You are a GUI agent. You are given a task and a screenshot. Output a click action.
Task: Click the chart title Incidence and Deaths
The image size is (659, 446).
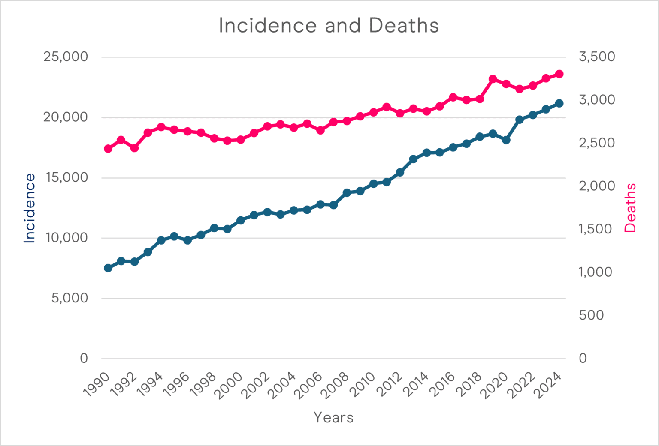329,25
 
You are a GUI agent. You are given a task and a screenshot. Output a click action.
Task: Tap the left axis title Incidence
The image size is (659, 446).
29,208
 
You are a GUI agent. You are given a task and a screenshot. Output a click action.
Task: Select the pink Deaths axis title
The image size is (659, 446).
630,208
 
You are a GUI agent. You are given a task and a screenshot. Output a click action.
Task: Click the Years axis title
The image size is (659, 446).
333,417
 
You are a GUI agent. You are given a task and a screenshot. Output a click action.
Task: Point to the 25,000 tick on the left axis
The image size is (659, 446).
65,57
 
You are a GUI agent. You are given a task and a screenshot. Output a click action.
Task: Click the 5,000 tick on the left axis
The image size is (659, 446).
70,298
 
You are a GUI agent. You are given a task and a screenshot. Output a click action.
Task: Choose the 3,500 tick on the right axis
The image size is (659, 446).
597,57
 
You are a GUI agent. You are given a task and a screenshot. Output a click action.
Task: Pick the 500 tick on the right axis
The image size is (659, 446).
591,315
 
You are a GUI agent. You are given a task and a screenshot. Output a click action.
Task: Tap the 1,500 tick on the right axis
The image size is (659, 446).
595,229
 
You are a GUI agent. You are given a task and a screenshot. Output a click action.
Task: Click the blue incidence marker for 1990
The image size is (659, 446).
108,268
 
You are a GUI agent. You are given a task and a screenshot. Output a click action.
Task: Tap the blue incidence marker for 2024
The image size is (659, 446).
559,103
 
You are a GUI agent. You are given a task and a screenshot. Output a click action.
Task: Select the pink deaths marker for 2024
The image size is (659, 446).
559,74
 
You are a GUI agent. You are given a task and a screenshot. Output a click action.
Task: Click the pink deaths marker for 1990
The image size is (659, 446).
108,149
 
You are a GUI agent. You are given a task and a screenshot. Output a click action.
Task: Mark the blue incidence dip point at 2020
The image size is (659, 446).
506,140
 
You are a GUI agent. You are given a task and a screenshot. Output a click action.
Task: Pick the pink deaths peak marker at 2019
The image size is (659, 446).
493,79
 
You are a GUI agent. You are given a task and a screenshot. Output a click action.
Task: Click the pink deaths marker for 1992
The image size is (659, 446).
134,148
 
